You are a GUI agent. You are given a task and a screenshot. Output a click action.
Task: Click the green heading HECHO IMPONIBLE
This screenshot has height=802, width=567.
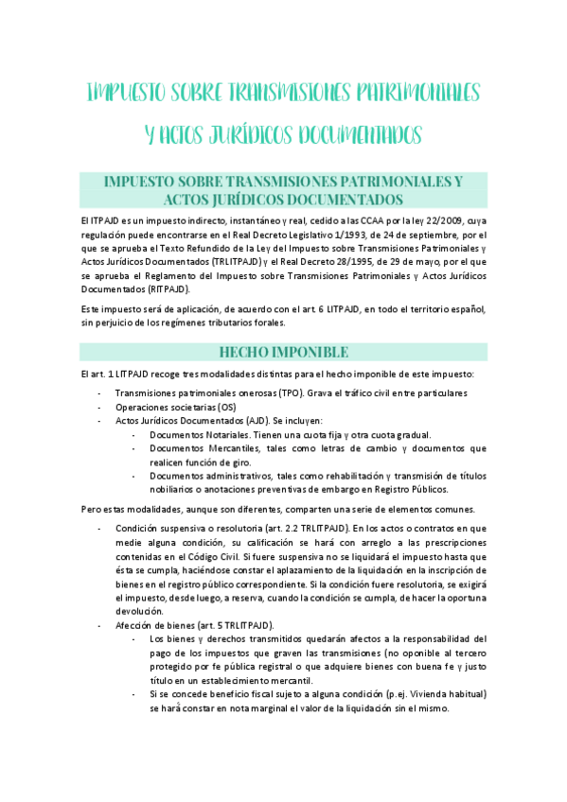click(x=283, y=352)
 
